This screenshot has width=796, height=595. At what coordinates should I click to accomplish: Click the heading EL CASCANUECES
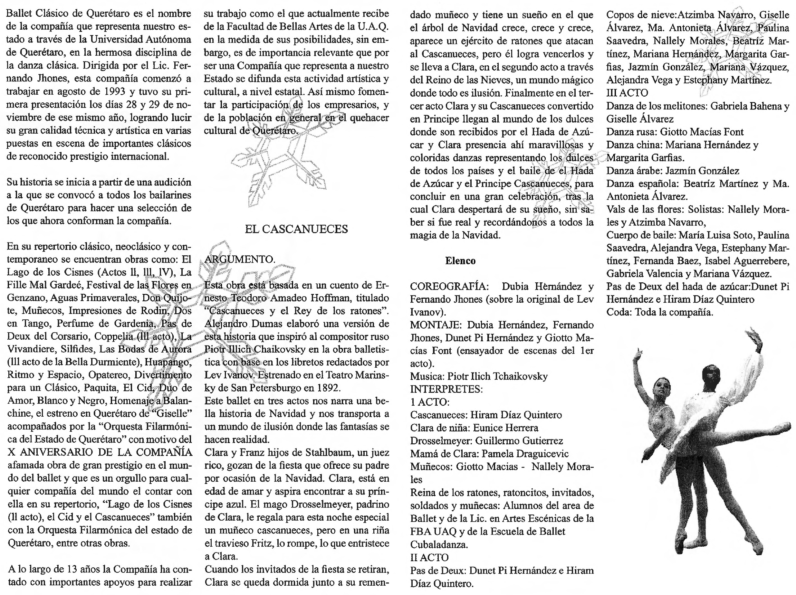click(x=296, y=229)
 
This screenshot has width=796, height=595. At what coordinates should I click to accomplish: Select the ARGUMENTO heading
click(x=240, y=260)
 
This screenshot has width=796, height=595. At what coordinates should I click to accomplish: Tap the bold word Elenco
click(x=460, y=261)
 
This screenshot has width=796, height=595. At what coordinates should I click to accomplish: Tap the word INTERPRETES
click(x=446, y=389)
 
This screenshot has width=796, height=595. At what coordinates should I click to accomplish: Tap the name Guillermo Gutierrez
click(x=519, y=441)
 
